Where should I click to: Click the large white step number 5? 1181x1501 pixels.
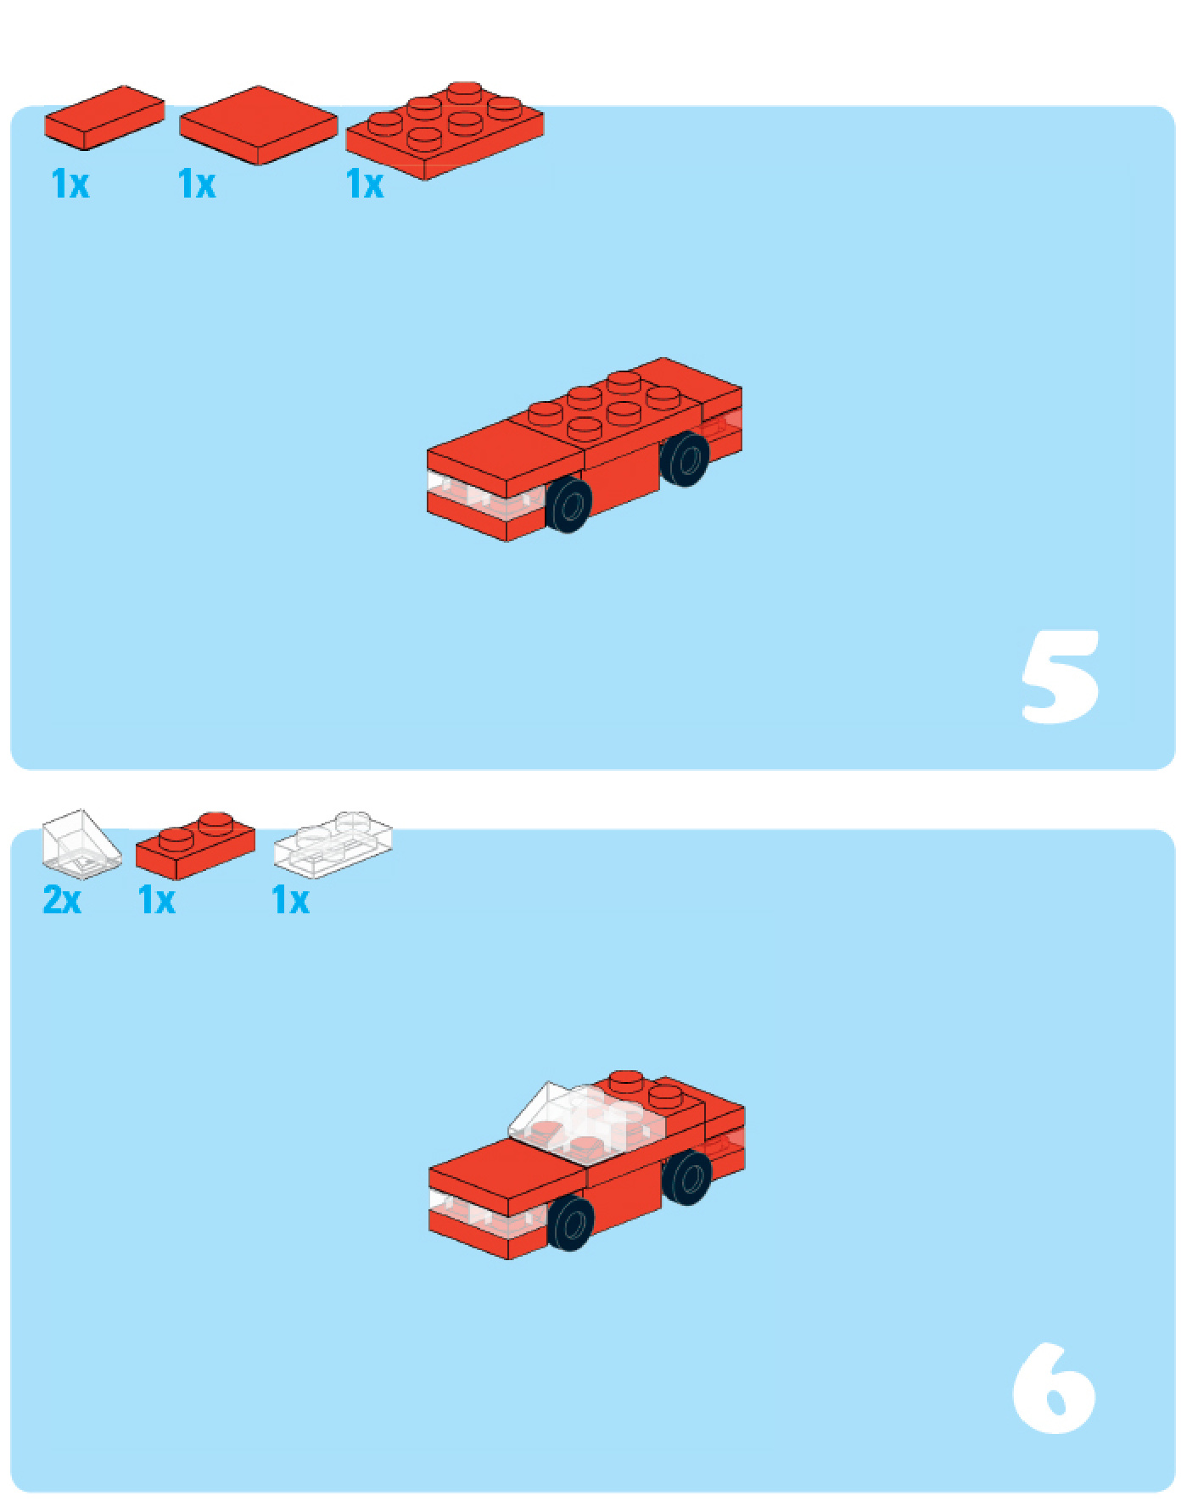click(1061, 676)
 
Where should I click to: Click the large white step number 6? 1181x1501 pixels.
click(1054, 1387)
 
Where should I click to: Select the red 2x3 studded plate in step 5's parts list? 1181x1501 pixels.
click(445, 130)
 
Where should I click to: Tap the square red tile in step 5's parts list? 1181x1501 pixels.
click(258, 125)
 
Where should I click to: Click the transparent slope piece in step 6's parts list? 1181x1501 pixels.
click(81, 844)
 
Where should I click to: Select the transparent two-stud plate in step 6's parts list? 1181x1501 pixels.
click(333, 844)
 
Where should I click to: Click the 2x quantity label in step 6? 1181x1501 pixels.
click(62, 900)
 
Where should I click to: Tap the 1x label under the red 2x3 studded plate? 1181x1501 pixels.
click(365, 184)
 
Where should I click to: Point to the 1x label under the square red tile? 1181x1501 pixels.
click(197, 184)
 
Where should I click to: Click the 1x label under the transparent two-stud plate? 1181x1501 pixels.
click(290, 900)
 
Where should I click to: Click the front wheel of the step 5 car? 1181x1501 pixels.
click(568, 505)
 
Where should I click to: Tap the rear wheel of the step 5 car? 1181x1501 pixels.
click(685, 459)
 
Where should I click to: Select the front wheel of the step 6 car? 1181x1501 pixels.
click(570, 1222)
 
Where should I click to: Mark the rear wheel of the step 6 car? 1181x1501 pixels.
click(687, 1177)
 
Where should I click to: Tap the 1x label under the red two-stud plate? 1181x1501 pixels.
click(157, 900)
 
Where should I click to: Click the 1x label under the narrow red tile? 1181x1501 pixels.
click(70, 184)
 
